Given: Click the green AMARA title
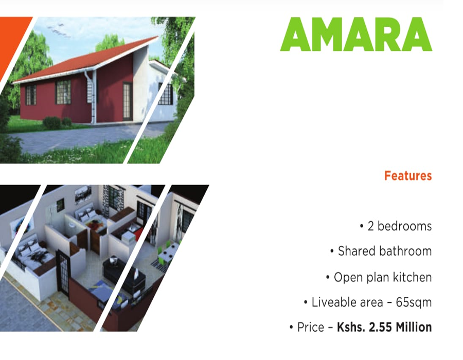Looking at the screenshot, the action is pos(356,34).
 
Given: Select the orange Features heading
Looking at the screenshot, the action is pos(408,176).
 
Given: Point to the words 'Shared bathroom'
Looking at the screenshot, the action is pos(385,251).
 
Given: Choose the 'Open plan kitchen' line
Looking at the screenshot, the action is pos(383,277).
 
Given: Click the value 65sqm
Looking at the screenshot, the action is pos(414,302).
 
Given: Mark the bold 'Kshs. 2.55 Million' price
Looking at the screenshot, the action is pos(384,327).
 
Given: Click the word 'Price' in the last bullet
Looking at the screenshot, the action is pos(311,327).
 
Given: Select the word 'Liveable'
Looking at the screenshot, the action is pos(333,302).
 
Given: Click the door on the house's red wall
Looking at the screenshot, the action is pos(128,101).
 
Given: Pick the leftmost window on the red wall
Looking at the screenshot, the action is pos(30,95).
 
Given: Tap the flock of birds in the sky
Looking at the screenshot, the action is pos(59,31).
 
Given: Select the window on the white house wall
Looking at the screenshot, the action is pos(166,94).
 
